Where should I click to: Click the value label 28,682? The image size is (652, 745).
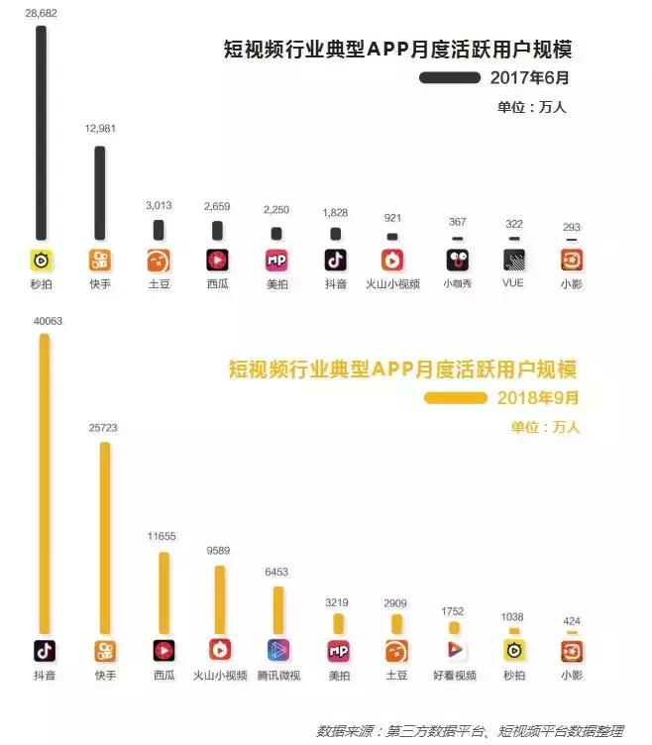[x=41, y=11]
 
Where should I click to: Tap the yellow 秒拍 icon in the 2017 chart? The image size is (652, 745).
[x=41, y=261]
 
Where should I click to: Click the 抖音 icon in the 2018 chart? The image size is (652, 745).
[x=44, y=651]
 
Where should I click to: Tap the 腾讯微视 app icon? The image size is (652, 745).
[x=279, y=651]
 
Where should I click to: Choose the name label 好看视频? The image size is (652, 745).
[x=455, y=676]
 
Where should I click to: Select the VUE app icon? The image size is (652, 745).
[x=513, y=261]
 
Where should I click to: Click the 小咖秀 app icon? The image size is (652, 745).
[x=456, y=261]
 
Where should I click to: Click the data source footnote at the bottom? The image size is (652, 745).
[x=470, y=731]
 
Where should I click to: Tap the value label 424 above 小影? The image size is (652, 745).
[x=572, y=622]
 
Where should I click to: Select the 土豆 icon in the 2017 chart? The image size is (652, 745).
[x=159, y=261]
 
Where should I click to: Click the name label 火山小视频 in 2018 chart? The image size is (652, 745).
[x=220, y=676]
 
